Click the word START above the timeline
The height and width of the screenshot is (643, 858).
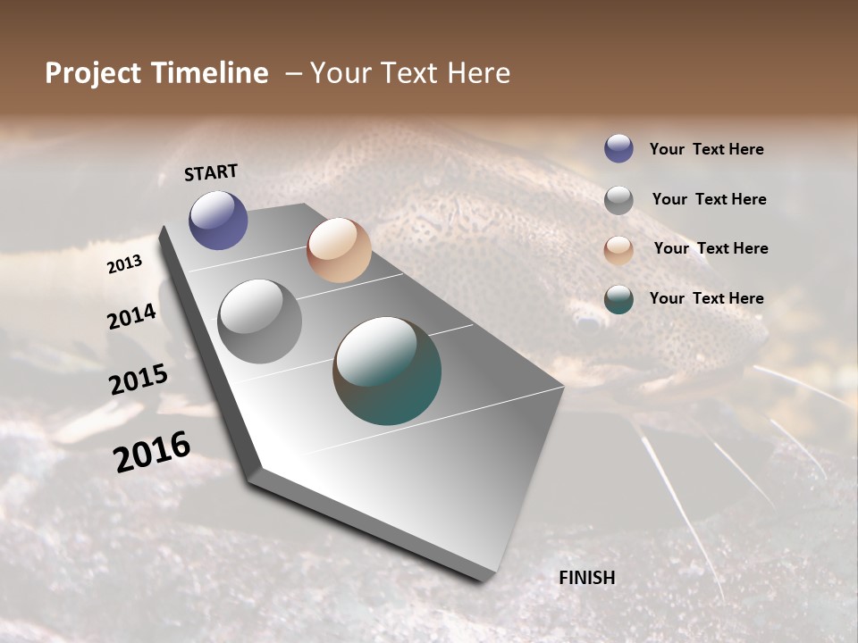pos(211,172)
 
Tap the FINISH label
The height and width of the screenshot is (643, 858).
pos(587,578)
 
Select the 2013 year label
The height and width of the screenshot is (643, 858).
pos(125,264)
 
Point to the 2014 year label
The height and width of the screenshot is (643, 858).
pos(132,316)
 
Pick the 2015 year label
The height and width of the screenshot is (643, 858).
pos(139,380)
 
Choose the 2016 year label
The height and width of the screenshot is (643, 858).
pos(152,451)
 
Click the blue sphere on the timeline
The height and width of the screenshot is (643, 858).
pos(218,220)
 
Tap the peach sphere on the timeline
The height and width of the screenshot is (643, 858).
pos(339,250)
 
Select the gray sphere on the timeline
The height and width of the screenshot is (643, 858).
pos(259,321)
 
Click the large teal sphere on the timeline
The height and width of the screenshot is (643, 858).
pos(387,371)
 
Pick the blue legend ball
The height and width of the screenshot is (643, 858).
pos(618,149)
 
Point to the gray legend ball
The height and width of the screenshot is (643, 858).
pos(618,200)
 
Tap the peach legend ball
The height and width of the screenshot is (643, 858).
pos(618,249)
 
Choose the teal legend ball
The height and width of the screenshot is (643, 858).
pos(618,299)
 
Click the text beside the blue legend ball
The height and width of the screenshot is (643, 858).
pos(706,150)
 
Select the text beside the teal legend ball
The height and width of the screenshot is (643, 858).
pos(706,298)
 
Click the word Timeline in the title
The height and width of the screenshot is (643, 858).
pos(213,73)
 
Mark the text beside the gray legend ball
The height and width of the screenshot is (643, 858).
pos(709,199)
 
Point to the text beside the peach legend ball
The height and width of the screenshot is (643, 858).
pos(711,248)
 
